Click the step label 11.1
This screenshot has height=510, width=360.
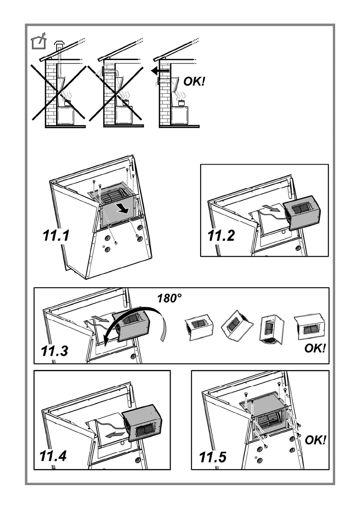click(x=56, y=235)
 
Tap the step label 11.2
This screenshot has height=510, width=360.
click(x=221, y=235)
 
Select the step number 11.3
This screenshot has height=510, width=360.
click(x=54, y=351)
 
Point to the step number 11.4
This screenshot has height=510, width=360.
click(x=53, y=456)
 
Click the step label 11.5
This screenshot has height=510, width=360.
click(x=213, y=457)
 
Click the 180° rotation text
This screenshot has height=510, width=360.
click(x=169, y=298)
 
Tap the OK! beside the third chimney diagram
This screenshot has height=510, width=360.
click(x=194, y=81)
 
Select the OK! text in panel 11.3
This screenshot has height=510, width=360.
click(x=315, y=348)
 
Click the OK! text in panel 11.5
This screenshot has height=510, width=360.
click(x=315, y=440)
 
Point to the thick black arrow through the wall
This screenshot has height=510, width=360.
click(x=160, y=71)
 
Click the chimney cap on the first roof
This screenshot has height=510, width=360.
click(x=59, y=45)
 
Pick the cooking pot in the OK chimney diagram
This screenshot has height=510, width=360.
click(x=182, y=103)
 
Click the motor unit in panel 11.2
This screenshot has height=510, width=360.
click(x=302, y=213)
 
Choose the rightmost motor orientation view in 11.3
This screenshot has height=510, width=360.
click(x=309, y=327)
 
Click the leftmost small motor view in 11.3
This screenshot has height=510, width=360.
click(x=199, y=327)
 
